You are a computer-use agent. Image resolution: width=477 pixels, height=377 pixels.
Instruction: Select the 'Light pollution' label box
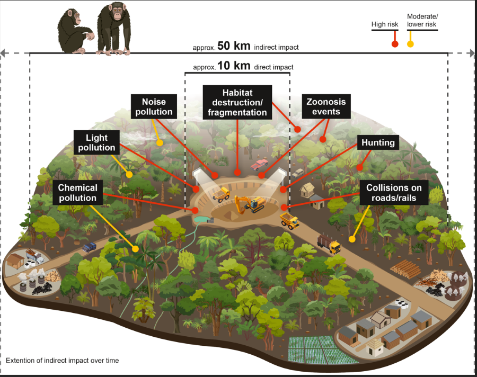[x=96, y=142]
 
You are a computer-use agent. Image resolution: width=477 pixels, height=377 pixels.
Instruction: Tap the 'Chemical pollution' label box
[x=77, y=193]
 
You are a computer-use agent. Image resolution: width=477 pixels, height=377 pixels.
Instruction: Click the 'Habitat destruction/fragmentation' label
[x=237, y=102]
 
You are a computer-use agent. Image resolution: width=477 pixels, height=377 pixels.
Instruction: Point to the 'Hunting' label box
[x=378, y=142]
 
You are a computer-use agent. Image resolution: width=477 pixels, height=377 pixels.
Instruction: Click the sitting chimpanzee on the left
[x=75, y=32]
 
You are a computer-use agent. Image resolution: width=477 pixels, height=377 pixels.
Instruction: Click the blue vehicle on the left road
[x=89, y=247]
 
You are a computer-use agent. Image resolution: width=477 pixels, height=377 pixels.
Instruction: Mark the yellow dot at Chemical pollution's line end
[x=136, y=248]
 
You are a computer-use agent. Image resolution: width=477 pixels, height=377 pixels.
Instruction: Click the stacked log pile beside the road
[x=405, y=269]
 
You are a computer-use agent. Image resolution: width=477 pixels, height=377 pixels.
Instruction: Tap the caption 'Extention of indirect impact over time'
[x=63, y=361]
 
